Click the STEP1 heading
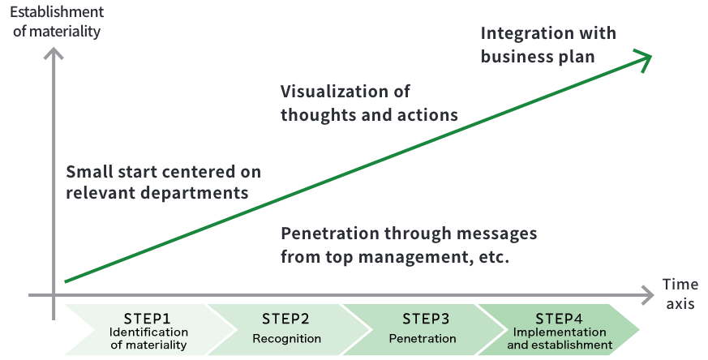pyautogui.click(x=148, y=319)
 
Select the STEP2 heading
pyautogui.click(x=286, y=319)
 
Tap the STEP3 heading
pyautogui.click(x=423, y=319)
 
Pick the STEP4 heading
pyautogui.click(x=559, y=319)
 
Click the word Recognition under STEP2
pyautogui.click(x=286, y=338)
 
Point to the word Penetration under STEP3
pyautogui.click(x=423, y=338)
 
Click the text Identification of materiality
pyautogui.click(x=148, y=339)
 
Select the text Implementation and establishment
pyautogui.click(x=559, y=339)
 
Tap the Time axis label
pyautogui.click(x=680, y=294)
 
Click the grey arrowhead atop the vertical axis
pyautogui.click(x=54, y=54)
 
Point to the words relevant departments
pyautogui.click(x=157, y=194)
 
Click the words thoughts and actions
pyautogui.click(x=369, y=114)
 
